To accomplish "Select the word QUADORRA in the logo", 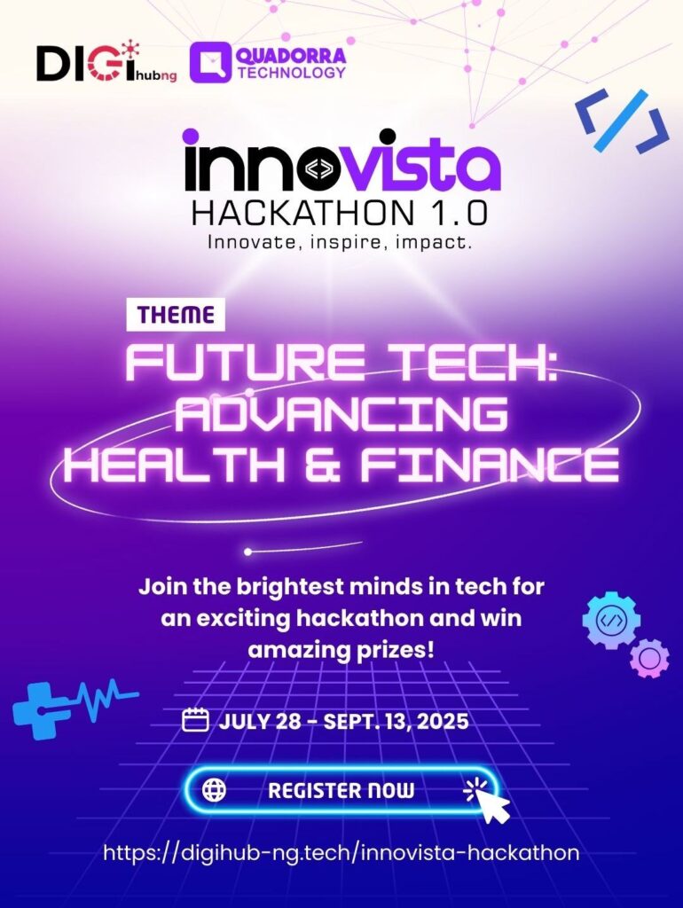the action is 292,56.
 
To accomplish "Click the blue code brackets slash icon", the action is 622,121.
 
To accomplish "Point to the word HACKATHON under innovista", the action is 303,213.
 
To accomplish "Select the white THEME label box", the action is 176,315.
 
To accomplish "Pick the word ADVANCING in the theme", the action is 341,415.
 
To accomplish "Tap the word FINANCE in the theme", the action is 491,465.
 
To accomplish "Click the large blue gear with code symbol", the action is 612,620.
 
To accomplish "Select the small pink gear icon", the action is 649,658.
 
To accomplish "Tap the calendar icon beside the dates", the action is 195,721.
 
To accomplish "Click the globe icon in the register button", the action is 215,790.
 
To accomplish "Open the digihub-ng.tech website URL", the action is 341,853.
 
